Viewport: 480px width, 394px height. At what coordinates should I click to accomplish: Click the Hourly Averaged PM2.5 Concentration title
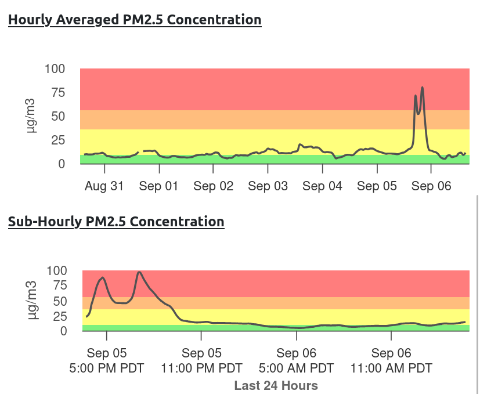click(135, 20)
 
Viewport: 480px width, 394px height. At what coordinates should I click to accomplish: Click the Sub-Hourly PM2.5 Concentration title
click(116, 222)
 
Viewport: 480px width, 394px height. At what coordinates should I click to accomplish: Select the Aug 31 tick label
click(104, 186)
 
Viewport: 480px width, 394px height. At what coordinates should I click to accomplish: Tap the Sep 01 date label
click(159, 186)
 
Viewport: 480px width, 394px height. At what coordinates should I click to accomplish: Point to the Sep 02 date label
click(213, 186)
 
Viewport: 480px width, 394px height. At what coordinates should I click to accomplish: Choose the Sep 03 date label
click(268, 186)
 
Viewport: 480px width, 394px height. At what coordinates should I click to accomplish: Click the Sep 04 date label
click(322, 186)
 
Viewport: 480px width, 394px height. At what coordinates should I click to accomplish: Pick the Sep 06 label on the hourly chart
click(431, 186)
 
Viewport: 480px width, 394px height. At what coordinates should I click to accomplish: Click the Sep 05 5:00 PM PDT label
click(107, 360)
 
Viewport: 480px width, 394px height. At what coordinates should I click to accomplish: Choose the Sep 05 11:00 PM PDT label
click(201, 360)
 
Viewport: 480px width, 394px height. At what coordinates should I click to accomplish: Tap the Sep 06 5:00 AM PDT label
click(296, 360)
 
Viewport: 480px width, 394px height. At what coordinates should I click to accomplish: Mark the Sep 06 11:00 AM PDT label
click(391, 360)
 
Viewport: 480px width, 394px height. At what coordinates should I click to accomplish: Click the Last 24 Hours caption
click(276, 385)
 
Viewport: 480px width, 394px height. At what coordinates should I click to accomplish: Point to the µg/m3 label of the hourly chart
click(33, 116)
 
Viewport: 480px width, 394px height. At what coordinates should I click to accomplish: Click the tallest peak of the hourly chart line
click(422, 88)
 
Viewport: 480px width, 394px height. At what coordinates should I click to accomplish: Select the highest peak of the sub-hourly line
click(139, 272)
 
